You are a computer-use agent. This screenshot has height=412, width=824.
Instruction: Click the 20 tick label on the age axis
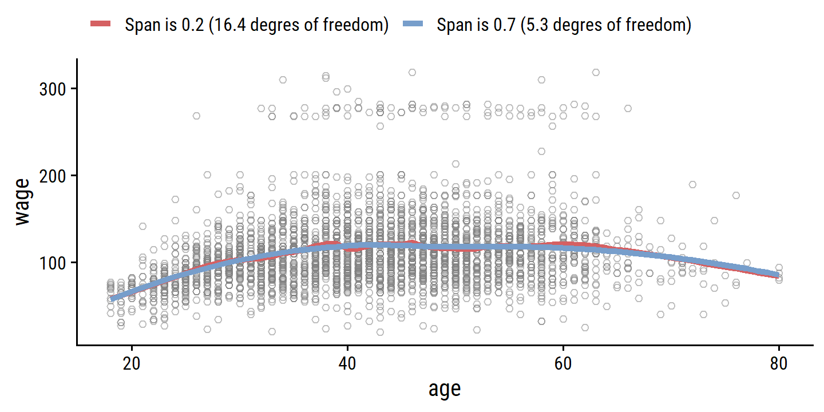pyautogui.click(x=132, y=365)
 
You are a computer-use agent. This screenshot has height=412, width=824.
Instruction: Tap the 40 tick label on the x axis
pyautogui.click(x=348, y=365)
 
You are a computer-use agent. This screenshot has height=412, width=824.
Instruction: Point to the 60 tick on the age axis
pyautogui.click(x=564, y=365)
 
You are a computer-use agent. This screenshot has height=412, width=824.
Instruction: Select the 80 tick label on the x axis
pyautogui.click(x=779, y=365)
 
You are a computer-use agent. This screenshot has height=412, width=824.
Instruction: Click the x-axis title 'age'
pyautogui.click(x=445, y=389)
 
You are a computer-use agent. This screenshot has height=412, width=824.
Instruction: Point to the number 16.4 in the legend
pyautogui.click(x=224, y=25)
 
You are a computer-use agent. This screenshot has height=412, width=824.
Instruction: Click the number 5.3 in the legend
pyautogui.click(x=531, y=25)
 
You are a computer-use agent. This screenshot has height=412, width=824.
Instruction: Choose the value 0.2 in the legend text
pyautogui.click(x=186, y=25)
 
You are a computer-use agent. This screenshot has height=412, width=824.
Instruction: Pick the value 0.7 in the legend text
pyautogui.click(x=497, y=25)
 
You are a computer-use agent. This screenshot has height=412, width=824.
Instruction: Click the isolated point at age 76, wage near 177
pyautogui.click(x=736, y=196)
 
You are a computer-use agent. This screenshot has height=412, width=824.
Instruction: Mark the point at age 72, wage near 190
pyautogui.click(x=692, y=184)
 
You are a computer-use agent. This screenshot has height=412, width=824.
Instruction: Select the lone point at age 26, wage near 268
pyautogui.click(x=196, y=116)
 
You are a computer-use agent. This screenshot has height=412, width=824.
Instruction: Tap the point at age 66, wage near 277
pyautogui.click(x=628, y=108)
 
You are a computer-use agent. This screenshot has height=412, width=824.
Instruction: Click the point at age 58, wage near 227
pyautogui.click(x=541, y=152)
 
